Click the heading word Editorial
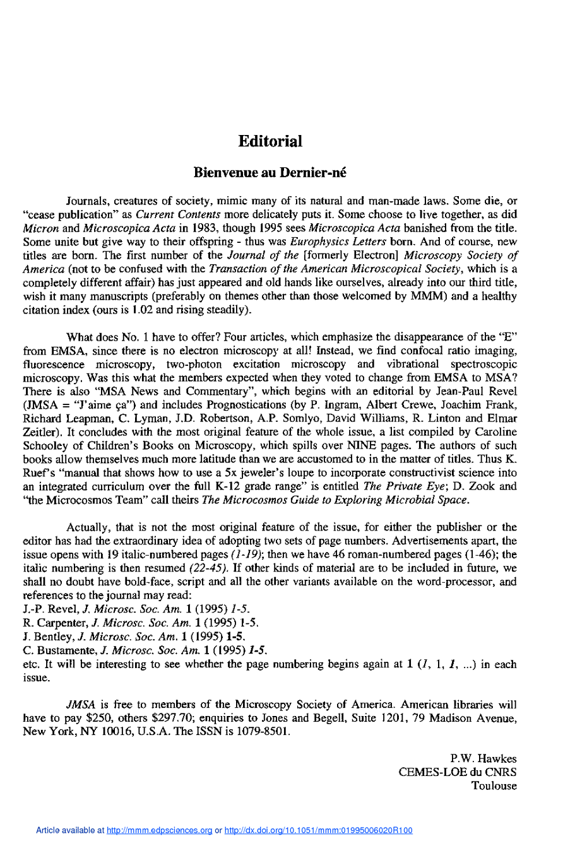coord(270,141)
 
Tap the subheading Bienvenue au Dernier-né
coord(270,173)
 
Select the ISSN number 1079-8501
coord(263,732)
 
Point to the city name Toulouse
coord(494,786)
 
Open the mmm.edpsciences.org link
coord(159,831)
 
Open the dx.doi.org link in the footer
coord(318,831)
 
